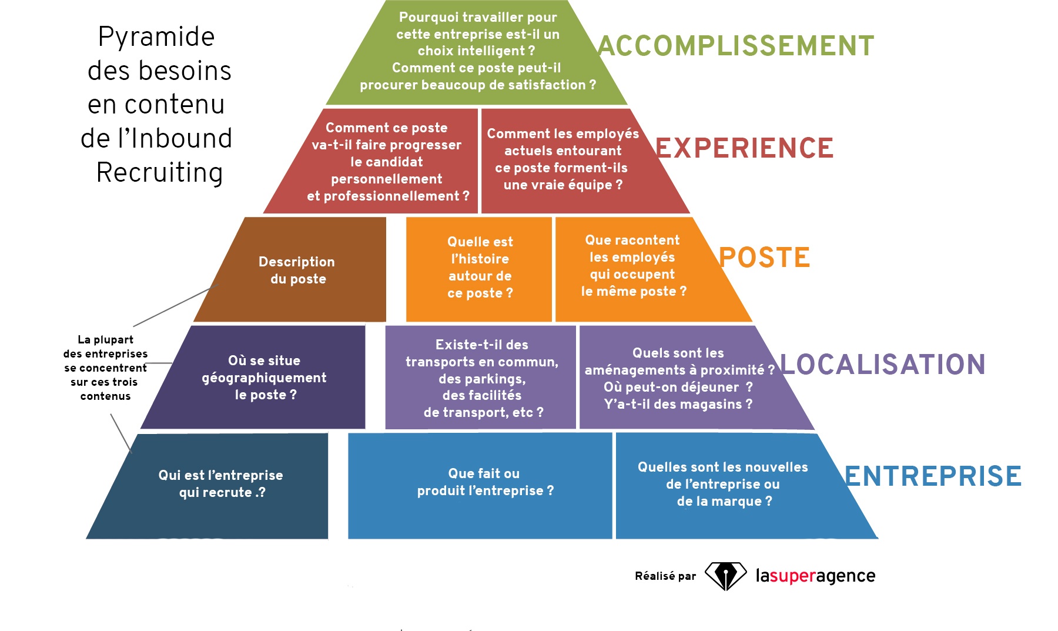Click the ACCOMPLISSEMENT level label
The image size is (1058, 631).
coord(736,46)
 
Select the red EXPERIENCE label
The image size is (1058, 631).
coord(745,148)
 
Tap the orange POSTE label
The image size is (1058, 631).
coord(764,258)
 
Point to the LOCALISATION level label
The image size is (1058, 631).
coord(882,365)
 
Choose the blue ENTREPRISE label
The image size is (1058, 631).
coord(933,476)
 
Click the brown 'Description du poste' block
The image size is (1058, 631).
coord(297,270)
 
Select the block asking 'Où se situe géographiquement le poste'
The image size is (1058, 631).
coord(264,378)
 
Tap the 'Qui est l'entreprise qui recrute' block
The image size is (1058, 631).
coord(220,484)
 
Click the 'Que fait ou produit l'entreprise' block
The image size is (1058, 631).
coord(485,482)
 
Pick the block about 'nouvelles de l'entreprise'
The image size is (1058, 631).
coord(722,484)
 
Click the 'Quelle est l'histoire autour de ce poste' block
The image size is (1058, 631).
coord(480,268)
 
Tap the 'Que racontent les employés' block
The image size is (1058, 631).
coord(633,266)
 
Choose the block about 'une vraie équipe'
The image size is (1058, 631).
coord(563,159)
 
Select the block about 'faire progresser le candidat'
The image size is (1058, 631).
coord(387,162)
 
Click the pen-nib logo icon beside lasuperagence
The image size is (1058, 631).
coord(725,576)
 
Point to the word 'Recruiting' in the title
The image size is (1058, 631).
coord(159,172)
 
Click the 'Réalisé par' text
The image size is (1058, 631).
coord(665,576)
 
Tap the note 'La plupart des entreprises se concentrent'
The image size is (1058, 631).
coord(105,368)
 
